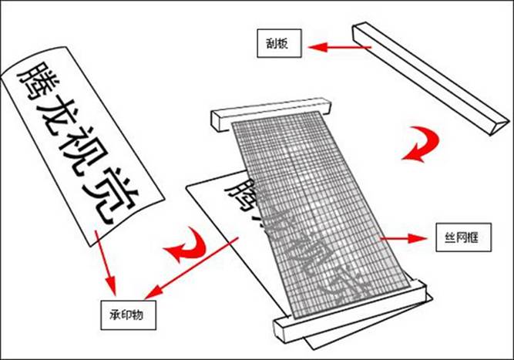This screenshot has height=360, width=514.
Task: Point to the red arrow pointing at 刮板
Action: [x=340, y=48]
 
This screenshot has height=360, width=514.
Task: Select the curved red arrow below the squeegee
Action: [x=421, y=146]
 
